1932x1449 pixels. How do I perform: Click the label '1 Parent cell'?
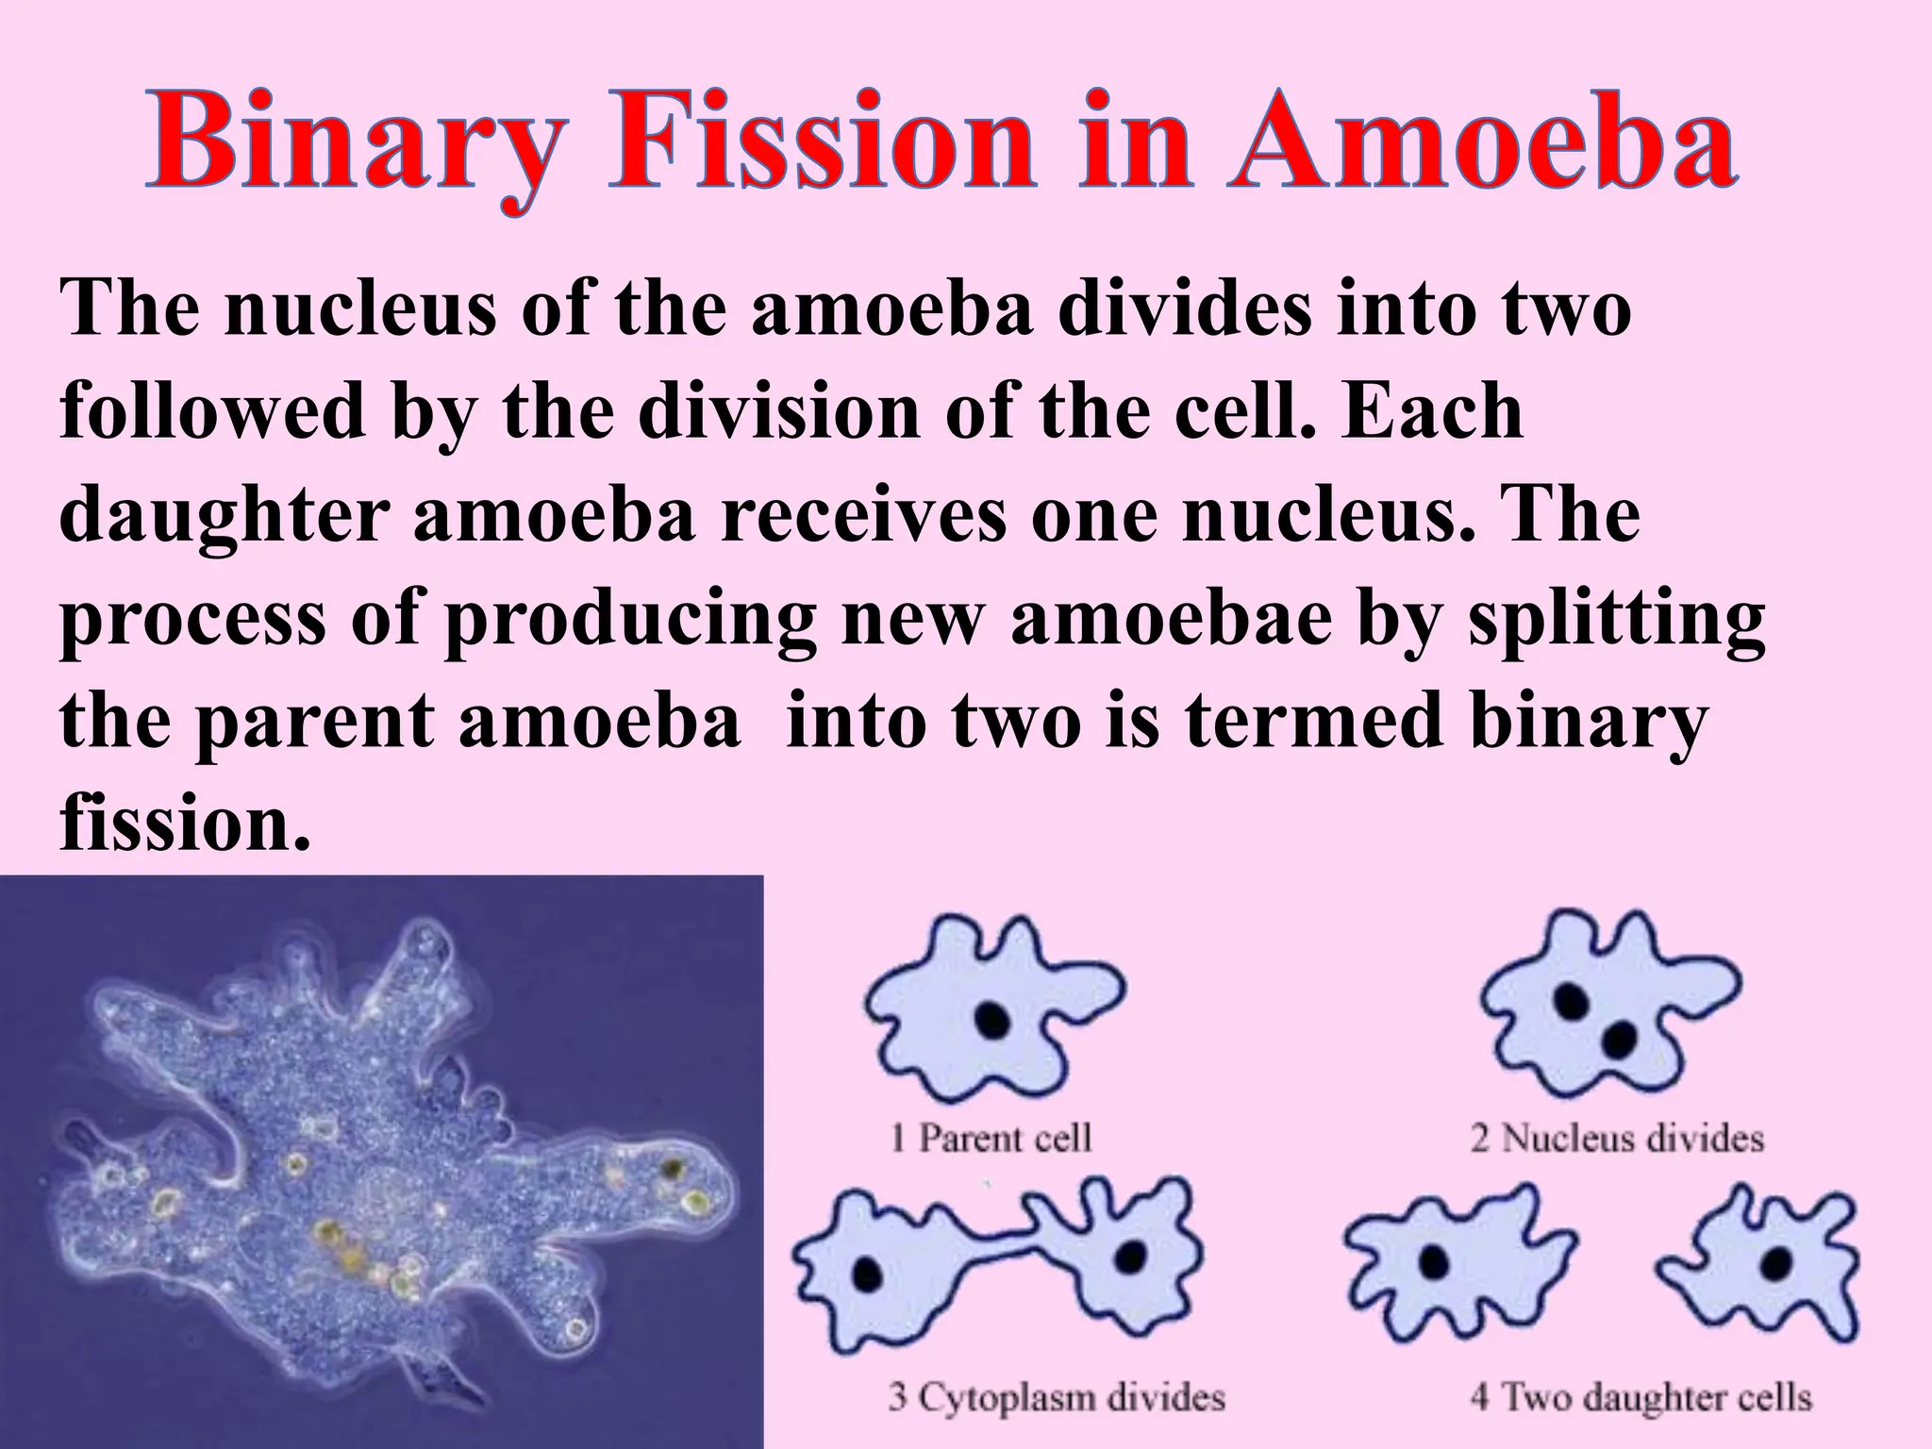tap(991, 1138)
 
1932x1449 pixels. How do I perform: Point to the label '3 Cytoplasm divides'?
tap(1057, 1396)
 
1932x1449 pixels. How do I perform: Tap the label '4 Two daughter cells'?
tap(1641, 1396)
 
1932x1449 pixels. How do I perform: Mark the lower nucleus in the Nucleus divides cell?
tap(1620, 1039)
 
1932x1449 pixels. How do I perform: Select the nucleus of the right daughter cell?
tap(1778, 1260)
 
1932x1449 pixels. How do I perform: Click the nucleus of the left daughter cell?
tap(1436, 1262)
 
